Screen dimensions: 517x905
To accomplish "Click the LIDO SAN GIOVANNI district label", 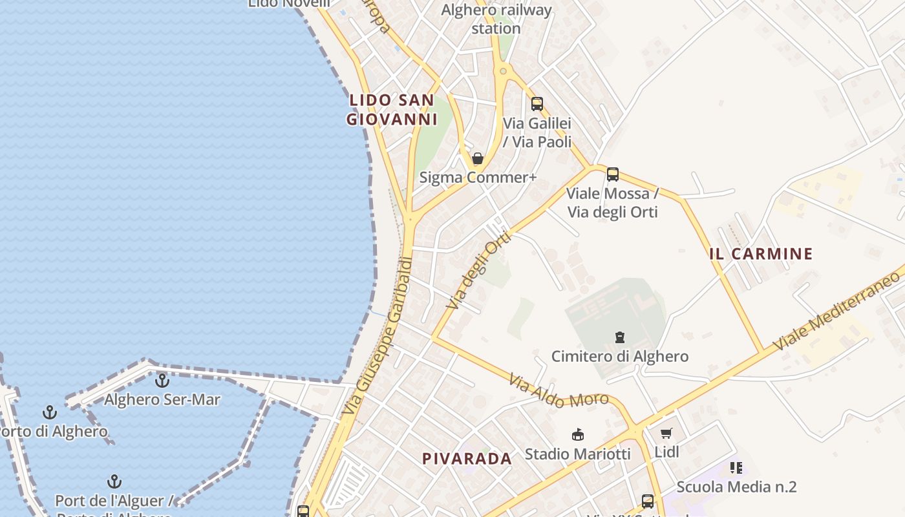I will click(x=392, y=110).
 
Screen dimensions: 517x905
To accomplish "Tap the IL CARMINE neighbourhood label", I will click(x=760, y=254).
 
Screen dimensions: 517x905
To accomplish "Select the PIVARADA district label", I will click(x=467, y=459).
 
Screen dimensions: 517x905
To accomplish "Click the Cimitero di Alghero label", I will click(x=619, y=356).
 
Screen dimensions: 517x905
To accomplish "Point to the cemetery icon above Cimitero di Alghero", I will click(x=620, y=337).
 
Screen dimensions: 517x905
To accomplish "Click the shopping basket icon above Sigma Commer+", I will click(x=478, y=158).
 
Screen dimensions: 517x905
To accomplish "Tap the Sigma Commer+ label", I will click(x=478, y=177).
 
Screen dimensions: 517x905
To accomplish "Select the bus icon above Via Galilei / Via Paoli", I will click(x=537, y=103).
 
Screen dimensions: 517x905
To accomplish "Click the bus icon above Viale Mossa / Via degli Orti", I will click(x=612, y=174).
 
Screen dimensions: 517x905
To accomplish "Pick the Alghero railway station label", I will click(x=496, y=19).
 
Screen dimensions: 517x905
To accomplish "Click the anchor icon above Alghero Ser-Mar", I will click(x=162, y=380).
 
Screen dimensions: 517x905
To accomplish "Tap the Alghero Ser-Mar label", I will click(x=162, y=399).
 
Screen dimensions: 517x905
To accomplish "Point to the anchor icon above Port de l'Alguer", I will click(x=114, y=481).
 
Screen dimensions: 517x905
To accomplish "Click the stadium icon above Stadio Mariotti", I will click(x=578, y=434).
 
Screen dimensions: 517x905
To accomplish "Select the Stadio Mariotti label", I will click(x=577, y=454).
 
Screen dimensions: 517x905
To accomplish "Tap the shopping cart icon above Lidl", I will click(x=666, y=433).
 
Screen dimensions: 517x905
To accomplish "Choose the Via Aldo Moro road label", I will click(x=559, y=391).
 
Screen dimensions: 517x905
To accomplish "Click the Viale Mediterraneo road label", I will click(x=838, y=310).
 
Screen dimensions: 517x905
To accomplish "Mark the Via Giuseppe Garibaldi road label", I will click(x=378, y=336).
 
